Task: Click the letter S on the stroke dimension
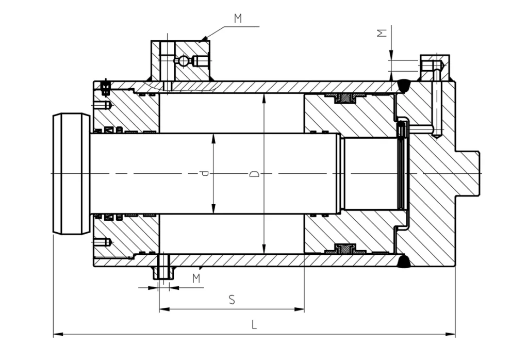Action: point(232,300)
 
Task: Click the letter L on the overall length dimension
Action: point(254,324)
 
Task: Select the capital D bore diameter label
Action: point(254,174)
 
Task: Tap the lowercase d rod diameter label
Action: point(205,174)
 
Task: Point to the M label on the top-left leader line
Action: point(238,19)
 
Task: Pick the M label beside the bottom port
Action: point(196,279)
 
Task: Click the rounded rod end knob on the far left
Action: point(71,174)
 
